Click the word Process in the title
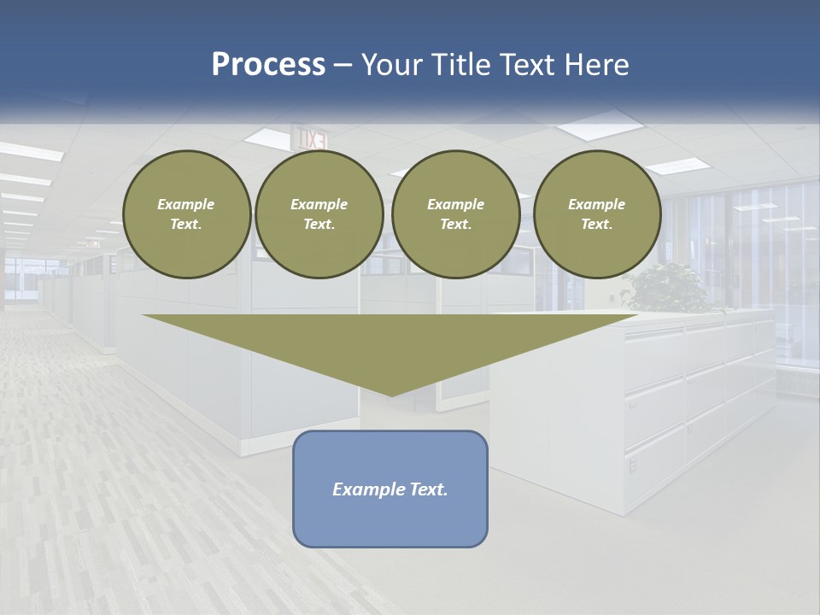pyautogui.click(x=268, y=65)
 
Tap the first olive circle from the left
pyautogui.click(x=186, y=214)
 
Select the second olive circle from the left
pyautogui.click(x=319, y=214)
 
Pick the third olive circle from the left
pyautogui.click(x=456, y=214)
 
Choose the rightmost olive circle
pyautogui.click(x=597, y=214)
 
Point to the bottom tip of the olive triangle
pyautogui.click(x=390, y=395)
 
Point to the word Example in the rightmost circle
pyautogui.click(x=596, y=204)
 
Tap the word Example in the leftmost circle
pyautogui.click(x=186, y=204)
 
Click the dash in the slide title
pyautogui.click(x=343, y=65)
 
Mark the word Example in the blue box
pyautogui.click(x=364, y=489)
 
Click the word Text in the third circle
pyautogui.click(x=454, y=225)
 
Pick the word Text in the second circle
pyautogui.click(x=318, y=225)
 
